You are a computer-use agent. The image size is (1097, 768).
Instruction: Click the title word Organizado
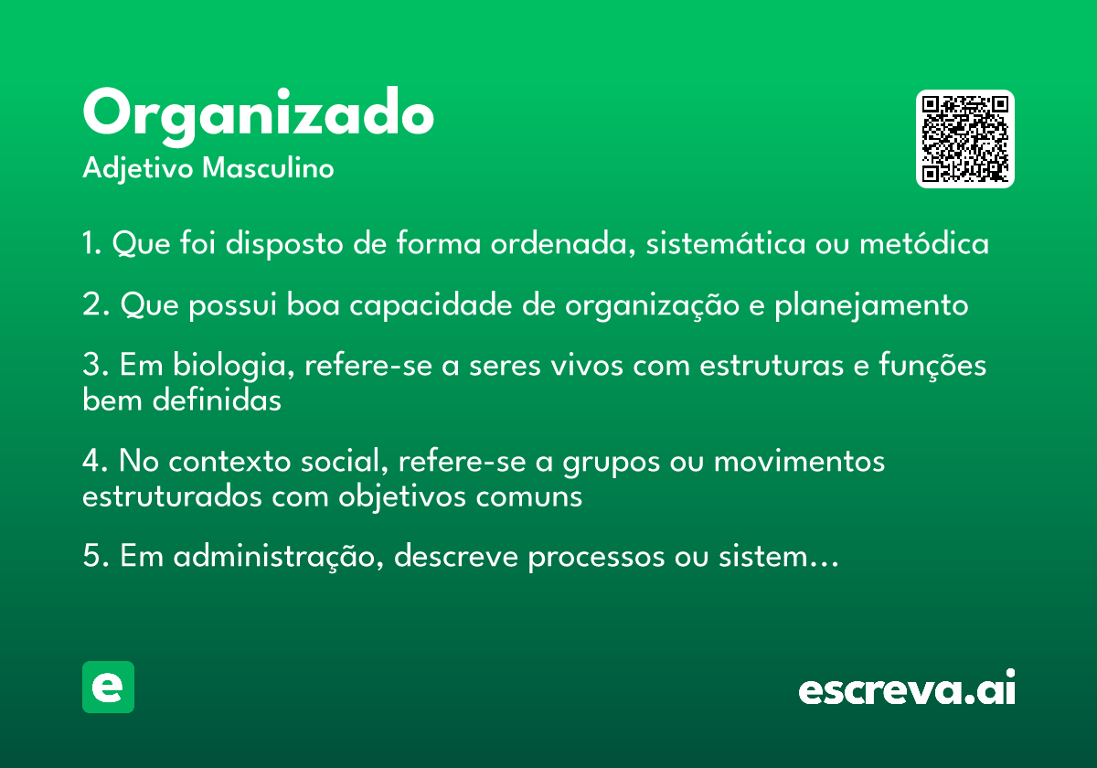(258, 116)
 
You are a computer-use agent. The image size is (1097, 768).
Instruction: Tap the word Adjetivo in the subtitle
(138, 169)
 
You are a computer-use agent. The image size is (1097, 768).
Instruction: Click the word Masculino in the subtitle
(268, 167)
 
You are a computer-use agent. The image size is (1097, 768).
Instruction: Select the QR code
(964, 139)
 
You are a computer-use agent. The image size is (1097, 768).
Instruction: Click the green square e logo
(108, 687)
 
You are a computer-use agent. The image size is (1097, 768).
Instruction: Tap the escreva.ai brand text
(907, 688)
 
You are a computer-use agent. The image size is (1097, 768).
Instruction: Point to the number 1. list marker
(91, 243)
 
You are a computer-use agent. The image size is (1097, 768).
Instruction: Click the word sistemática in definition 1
(725, 242)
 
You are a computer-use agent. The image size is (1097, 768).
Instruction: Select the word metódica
(924, 242)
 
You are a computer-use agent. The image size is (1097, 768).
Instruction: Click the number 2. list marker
(96, 304)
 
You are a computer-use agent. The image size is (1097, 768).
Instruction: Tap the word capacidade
(431, 304)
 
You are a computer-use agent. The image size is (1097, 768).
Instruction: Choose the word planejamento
(871, 304)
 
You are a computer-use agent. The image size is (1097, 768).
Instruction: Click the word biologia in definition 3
(234, 366)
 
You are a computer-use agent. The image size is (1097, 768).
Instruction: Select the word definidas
(217, 400)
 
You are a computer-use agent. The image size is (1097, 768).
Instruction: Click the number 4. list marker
(95, 461)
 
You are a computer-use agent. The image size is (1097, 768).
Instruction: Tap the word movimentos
(799, 462)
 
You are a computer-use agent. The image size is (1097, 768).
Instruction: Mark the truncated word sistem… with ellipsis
(779, 557)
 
